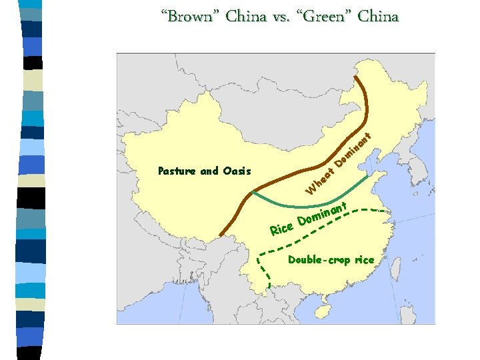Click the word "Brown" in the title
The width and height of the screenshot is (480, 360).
click(189, 16)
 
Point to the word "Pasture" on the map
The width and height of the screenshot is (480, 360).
click(177, 171)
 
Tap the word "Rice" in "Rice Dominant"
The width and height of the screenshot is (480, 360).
click(282, 229)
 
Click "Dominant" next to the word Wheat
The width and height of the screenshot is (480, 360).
click(353, 149)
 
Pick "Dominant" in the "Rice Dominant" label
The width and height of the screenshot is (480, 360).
click(323, 214)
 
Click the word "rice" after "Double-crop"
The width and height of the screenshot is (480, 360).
click(364, 259)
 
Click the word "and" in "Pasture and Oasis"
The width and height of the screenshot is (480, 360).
click(209, 171)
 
